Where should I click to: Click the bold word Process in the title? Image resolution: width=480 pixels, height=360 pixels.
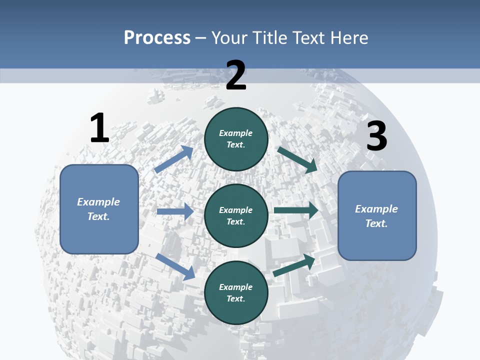pos(157,38)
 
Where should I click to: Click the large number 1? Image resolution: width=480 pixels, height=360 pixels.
pos(99,128)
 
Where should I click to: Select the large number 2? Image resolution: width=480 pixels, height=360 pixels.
pos(236,75)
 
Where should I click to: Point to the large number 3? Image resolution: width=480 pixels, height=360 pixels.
pos(376,136)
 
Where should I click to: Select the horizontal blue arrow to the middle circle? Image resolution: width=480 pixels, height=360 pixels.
pos(175,211)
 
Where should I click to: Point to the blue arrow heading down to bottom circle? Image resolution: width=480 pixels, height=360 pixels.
pos(175,266)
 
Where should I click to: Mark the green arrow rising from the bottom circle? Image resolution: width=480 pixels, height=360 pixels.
pos(294,265)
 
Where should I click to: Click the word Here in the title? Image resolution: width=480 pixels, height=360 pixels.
pos(349,38)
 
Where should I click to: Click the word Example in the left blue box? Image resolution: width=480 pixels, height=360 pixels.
pos(98,202)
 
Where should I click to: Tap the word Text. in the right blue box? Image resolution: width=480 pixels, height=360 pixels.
pos(376,223)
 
